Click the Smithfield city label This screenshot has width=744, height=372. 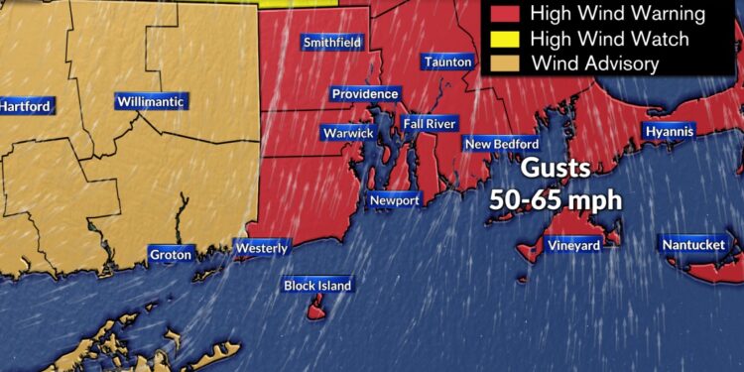(x=332, y=43)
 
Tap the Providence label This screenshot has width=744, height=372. (x=365, y=94)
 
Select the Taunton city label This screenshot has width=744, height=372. (x=447, y=62)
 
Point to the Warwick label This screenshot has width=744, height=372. (x=347, y=133)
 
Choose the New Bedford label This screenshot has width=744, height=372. (x=502, y=144)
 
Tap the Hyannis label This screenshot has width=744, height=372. (x=670, y=131)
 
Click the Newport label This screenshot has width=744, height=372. (x=395, y=200)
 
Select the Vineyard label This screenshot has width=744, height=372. (x=573, y=245)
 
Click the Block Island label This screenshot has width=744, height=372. (x=317, y=286)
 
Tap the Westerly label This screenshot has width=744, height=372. (x=262, y=248)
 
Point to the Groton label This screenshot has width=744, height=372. (x=170, y=255)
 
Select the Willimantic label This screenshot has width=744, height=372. (x=150, y=102)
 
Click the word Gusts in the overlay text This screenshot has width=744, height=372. (x=556, y=168)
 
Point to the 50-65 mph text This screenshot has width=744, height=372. (x=556, y=198)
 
